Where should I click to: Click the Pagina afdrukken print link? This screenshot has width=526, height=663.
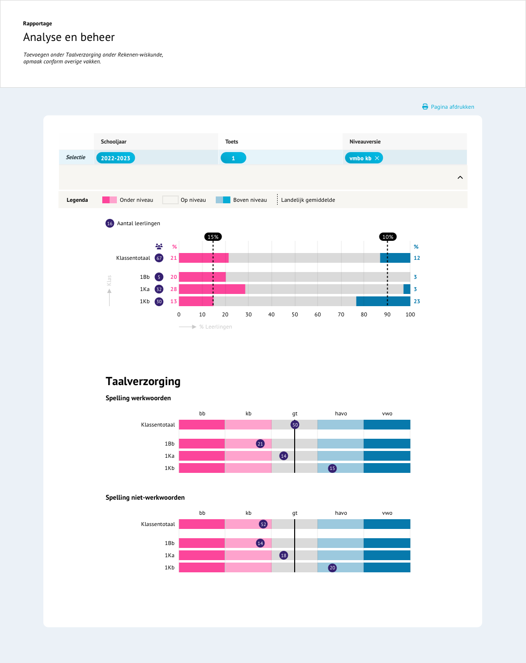pos(448,107)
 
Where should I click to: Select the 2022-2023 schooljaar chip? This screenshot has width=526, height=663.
pos(115,158)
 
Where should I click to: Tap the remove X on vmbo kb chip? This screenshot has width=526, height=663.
pos(377,158)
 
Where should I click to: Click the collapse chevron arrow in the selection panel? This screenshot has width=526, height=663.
pos(460,177)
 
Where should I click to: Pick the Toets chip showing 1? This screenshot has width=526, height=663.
pos(233,158)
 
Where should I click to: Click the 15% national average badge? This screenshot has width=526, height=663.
pos(213,237)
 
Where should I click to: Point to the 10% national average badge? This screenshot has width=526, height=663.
pos(388,237)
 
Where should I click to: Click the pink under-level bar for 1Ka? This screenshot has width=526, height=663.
pos(212,289)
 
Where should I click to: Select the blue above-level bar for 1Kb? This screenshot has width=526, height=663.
pos(383,301)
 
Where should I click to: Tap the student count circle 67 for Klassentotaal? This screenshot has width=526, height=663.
pos(159,258)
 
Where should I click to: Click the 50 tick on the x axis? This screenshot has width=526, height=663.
pos(295,314)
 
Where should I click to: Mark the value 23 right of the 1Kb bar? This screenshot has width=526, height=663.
pos(417,301)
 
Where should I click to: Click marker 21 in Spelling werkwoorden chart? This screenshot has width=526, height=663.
pos(260,444)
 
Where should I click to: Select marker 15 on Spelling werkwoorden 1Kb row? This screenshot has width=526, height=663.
pos(332,468)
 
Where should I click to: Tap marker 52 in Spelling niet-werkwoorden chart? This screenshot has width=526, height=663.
pos(263,524)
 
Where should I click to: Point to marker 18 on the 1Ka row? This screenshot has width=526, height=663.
pos(283,555)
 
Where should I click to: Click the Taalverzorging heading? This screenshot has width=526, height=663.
pos(143,381)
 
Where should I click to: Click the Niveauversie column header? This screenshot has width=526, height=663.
pos(365,142)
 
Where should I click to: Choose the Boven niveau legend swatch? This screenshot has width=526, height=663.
pos(223,200)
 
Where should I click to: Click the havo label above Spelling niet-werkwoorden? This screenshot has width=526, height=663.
pos(341,513)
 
